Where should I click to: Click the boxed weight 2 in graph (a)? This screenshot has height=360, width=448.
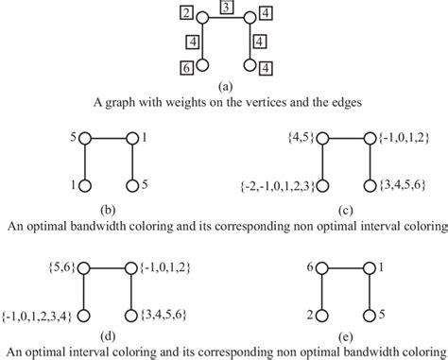pos(187,13)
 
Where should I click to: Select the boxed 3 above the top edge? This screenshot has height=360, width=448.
pos(224,8)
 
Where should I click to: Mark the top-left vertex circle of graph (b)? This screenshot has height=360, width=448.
pos(86,137)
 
